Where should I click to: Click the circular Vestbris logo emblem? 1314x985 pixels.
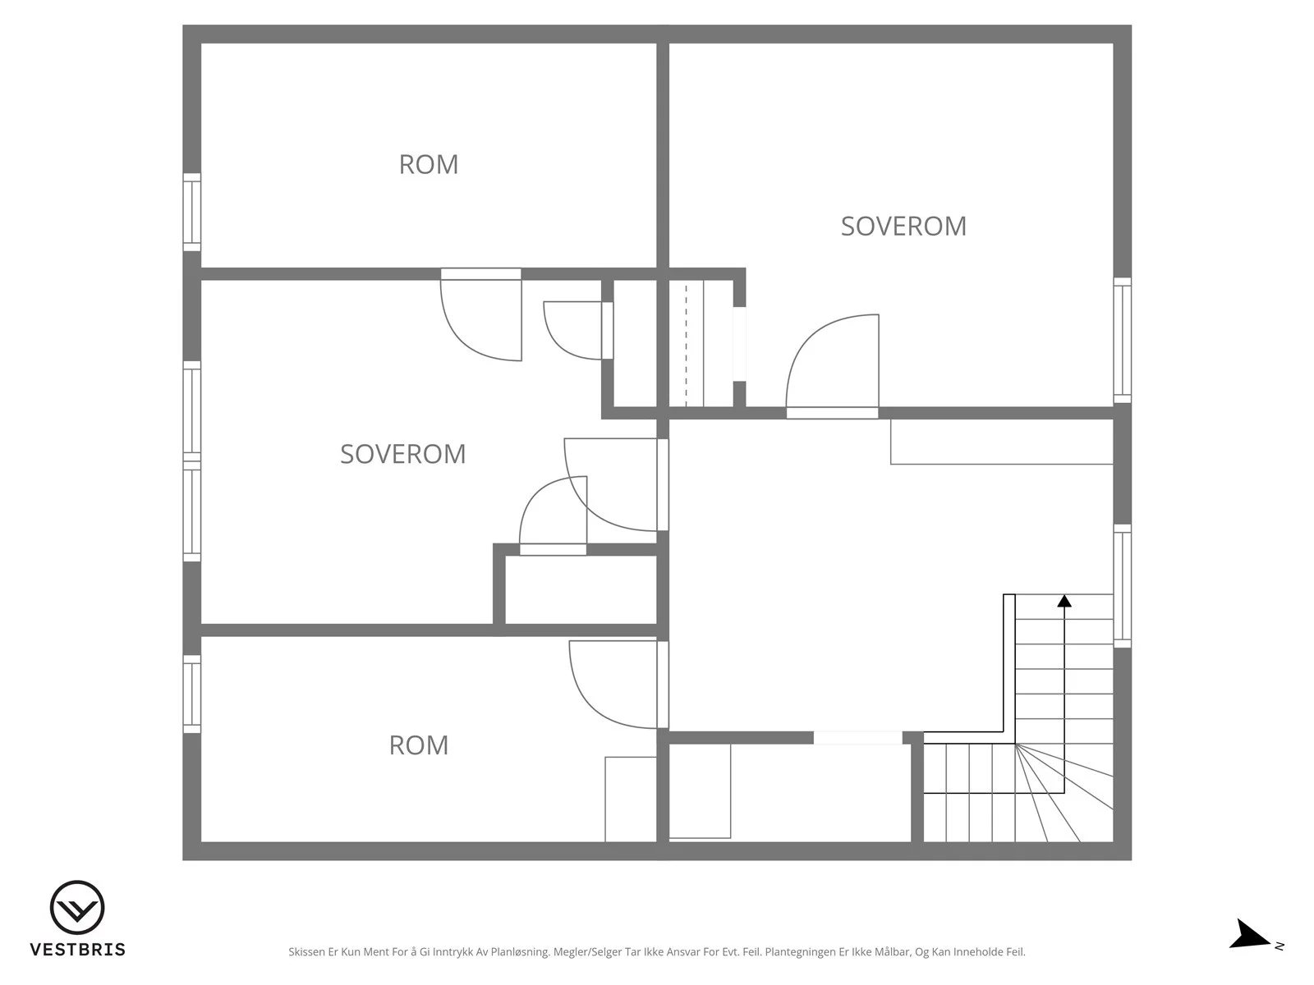(77, 907)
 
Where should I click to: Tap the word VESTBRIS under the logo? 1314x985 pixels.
(78, 949)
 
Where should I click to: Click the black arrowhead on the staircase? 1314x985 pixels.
(1064, 601)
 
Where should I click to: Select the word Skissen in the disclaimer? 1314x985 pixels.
(307, 951)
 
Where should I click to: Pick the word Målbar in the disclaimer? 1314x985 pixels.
(893, 951)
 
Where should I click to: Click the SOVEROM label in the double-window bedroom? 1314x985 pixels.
(403, 454)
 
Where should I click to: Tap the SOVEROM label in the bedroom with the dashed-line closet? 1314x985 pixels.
(903, 226)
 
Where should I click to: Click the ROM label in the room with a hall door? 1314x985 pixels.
(419, 745)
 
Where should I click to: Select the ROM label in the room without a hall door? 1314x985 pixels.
(429, 164)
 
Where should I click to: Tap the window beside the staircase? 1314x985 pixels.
(1123, 586)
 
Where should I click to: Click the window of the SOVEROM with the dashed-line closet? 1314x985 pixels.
(1123, 341)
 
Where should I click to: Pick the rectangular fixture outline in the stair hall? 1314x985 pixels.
(1001, 442)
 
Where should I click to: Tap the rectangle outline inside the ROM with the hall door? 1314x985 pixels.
(631, 799)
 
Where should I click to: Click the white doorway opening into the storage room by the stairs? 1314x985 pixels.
(857, 738)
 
